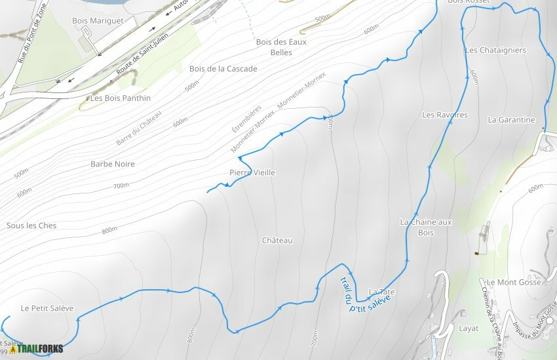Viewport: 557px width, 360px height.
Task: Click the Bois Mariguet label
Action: click(98, 21)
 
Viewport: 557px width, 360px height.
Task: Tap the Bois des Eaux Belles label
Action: click(281, 47)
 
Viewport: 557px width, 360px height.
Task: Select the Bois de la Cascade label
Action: click(223, 69)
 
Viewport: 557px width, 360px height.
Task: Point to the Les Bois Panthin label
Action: click(121, 98)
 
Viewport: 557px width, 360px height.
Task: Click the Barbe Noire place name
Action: click(113, 164)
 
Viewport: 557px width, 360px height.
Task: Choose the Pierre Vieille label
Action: click(252, 172)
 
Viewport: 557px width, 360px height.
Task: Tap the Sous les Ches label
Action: click(31, 226)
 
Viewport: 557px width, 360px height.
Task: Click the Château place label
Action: click(277, 241)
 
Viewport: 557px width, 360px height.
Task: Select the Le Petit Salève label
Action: click(47, 308)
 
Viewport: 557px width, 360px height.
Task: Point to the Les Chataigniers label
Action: click(495, 50)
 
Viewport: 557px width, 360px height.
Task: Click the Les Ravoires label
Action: click(445, 115)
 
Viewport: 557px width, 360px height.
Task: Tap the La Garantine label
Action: click(512, 120)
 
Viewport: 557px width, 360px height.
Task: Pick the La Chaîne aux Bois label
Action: click(426, 227)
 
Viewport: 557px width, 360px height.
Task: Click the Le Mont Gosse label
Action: click(514, 283)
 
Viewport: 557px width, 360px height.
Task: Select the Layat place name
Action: click(469, 328)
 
